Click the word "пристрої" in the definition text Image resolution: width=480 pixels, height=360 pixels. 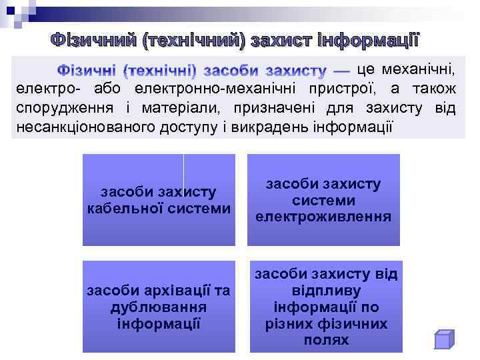click(x=337, y=89)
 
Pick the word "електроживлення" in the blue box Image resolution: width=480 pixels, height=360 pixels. click(x=323, y=217)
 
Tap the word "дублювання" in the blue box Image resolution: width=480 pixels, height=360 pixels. click(x=159, y=307)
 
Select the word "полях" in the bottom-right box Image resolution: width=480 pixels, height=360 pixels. click(x=325, y=340)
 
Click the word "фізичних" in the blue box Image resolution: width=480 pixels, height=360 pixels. click(x=356, y=323)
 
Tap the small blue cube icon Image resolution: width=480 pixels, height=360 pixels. click(x=443, y=339)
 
